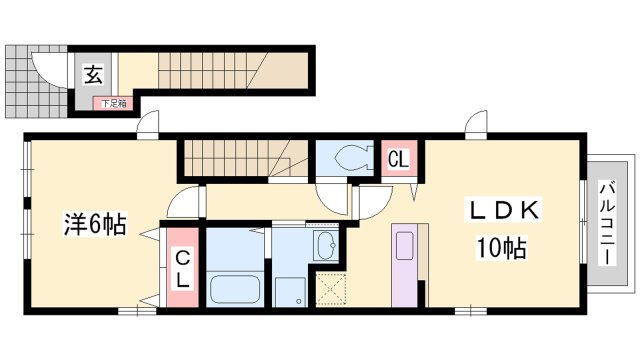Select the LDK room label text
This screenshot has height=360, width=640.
[505, 210]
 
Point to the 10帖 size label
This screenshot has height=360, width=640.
[502, 247]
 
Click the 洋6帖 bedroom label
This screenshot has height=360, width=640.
[94, 223]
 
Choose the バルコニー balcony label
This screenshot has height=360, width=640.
[607, 223]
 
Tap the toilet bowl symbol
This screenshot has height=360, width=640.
[353, 158]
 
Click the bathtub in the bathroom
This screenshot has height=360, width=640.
[235, 289]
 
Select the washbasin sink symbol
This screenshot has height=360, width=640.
[326, 245]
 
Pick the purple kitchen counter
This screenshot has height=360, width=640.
[404, 265]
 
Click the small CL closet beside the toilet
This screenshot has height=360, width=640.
[399, 159]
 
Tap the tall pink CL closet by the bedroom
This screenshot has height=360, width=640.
[182, 267]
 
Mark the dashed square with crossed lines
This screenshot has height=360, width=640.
[331, 289]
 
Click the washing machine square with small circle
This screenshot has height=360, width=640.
[290, 292]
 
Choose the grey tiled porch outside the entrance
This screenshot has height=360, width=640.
[36, 82]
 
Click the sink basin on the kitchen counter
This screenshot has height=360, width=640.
[404, 246]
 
